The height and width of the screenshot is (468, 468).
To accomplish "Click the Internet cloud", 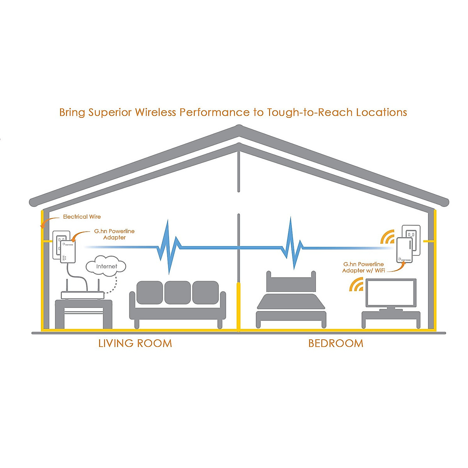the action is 106,266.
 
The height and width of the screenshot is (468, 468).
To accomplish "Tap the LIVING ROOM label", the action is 135,343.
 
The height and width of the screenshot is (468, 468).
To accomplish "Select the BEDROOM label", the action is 336,343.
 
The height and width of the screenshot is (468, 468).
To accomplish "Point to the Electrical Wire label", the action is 82,217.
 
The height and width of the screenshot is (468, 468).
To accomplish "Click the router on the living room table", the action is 83,295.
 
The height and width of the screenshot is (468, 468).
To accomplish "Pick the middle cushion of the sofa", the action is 177,292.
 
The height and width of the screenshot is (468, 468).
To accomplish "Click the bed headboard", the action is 291,282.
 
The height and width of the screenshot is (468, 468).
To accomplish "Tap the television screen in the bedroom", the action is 391,292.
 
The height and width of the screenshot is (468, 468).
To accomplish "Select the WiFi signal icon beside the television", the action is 356,285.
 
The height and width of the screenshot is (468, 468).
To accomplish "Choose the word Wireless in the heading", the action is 156,112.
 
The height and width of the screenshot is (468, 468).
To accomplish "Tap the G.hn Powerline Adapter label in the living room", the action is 114,234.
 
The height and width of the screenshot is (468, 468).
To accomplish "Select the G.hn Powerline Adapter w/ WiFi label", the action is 363,267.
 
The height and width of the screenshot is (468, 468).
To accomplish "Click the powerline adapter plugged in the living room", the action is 68,252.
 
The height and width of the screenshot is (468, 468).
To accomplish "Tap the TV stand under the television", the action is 391,318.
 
